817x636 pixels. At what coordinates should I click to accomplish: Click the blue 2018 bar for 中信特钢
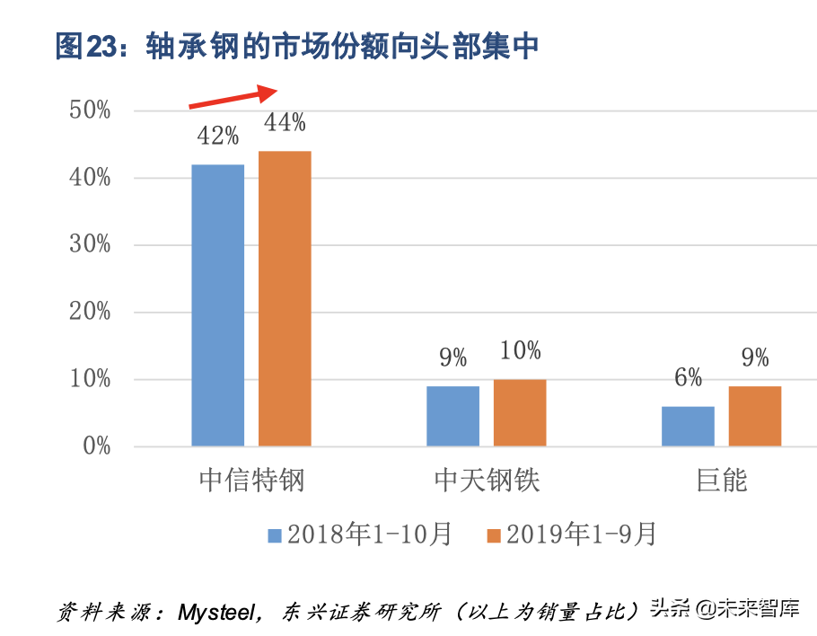tap(217, 305)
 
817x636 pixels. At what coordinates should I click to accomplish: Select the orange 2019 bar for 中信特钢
tap(285, 298)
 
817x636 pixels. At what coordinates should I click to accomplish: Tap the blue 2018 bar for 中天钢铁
tap(452, 416)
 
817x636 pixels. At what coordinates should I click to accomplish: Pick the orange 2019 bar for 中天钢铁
tap(520, 412)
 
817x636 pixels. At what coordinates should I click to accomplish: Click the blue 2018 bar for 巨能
tap(688, 426)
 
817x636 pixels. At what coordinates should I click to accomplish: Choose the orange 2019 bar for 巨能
tap(755, 416)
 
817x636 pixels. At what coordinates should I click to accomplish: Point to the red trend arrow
tap(234, 96)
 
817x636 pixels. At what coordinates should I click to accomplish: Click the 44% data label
tap(284, 122)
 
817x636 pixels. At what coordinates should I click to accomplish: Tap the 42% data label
tap(217, 136)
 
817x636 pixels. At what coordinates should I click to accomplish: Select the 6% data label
tap(688, 377)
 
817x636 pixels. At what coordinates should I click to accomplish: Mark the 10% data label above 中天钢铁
tap(520, 350)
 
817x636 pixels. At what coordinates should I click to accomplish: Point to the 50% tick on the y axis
tap(90, 110)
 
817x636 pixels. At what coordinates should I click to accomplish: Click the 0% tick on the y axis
tap(95, 446)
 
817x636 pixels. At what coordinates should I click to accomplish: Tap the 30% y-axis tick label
tap(90, 244)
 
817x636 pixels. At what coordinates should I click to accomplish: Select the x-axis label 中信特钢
tap(251, 480)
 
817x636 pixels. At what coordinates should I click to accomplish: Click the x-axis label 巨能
tap(721, 480)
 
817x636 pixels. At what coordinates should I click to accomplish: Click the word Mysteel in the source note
tap(219, 613)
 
